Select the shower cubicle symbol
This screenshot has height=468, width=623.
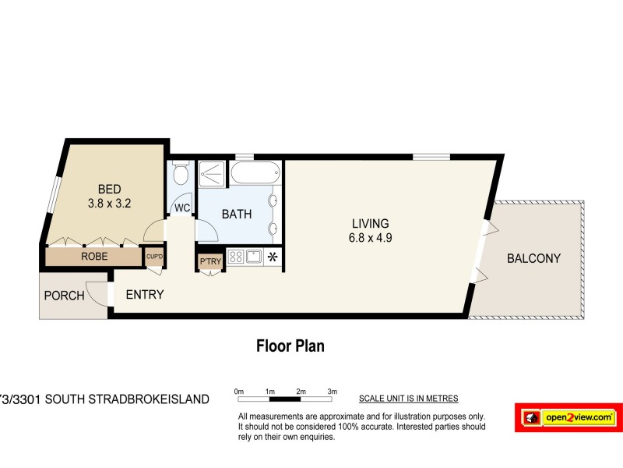pyautogui.click(x=210, y=173)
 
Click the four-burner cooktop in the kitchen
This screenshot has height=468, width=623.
pyautogui.click(x=236, y=257)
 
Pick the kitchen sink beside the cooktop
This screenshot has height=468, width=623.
pyautogui.click(x=253, y=257)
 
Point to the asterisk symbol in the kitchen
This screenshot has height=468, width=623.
pyautogui.click(x=273, y=257)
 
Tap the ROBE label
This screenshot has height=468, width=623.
pyautogui.click(x=93, y=256)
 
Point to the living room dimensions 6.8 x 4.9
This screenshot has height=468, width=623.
pyautogui.click(x=371, y=239)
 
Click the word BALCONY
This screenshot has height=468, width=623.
pyautogui.click(x=533, y=259)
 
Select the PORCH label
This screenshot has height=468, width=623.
pyautogui.click(x=64, y=296)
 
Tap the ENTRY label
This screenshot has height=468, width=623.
pyautogui.click(x=144, y=294)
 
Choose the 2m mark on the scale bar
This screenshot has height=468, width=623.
pyautogui.click(x=300, y=392)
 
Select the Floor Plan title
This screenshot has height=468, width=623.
pyautogui.click(x=290, y=346)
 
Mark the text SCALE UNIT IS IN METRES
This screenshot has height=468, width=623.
pyautogui.click(x=408, y=399)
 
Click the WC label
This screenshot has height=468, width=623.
pyautogui.click(x=181, y=208)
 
